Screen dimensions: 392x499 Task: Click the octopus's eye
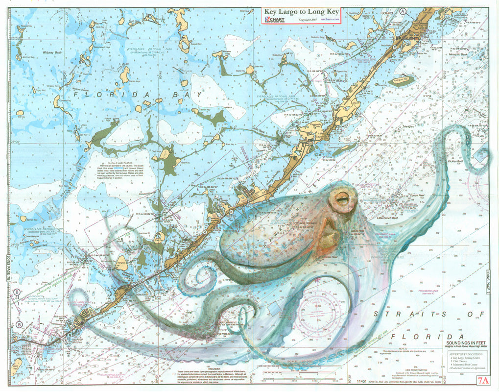[341, 199]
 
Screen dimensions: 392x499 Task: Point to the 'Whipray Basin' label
[52, 52]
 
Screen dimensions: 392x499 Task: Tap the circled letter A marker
[403, 11]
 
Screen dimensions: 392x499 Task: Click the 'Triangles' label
[407, 126]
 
